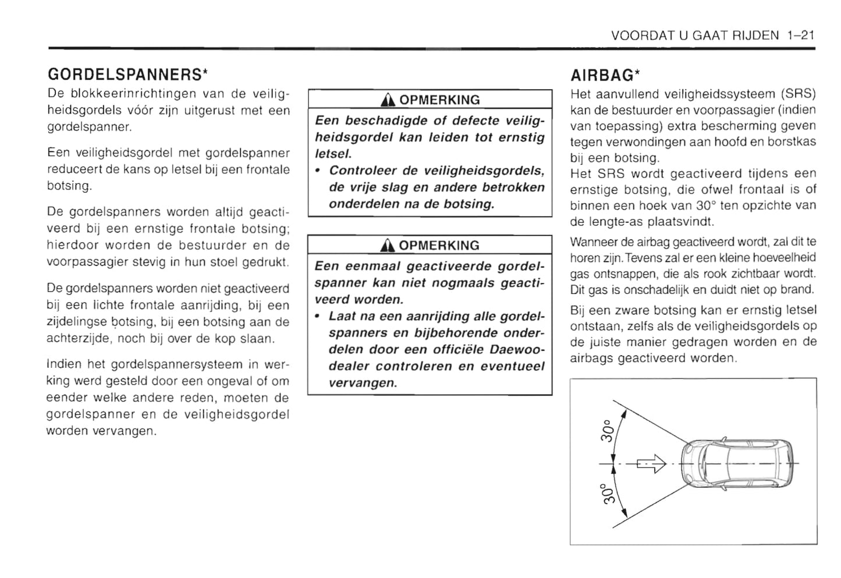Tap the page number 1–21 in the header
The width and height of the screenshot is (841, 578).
click(800, 36)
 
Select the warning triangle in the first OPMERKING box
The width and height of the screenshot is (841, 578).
click(388, 100)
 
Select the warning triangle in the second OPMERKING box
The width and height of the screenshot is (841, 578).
click(388, 246)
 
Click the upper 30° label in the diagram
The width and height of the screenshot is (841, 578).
click(606, 430)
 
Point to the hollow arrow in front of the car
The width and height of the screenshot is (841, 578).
click(651, 464)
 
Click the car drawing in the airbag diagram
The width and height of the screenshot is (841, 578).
click(737, 463)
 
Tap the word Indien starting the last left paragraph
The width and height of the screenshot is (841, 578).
click(63, 364)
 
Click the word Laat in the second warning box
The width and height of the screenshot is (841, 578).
click(342, 316)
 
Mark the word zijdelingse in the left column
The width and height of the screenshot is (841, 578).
click(76, 322)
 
